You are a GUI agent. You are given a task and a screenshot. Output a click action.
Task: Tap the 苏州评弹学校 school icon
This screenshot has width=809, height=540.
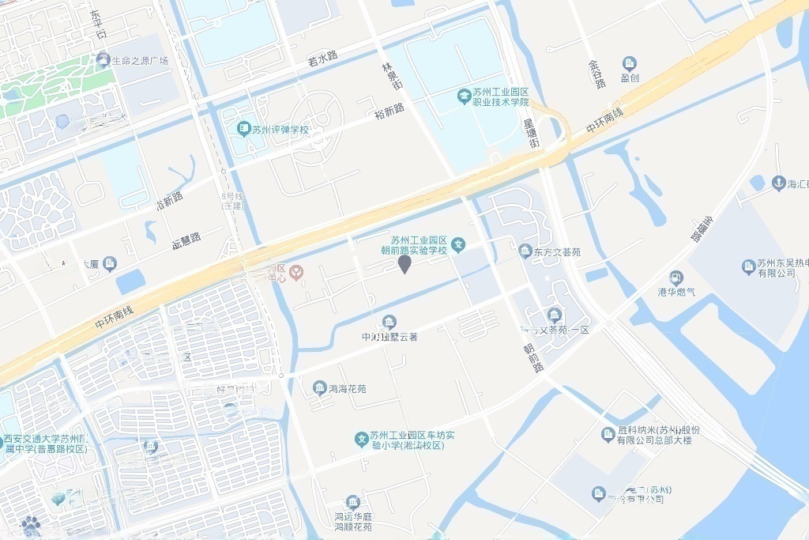pyautogui.click(x=244, y=128)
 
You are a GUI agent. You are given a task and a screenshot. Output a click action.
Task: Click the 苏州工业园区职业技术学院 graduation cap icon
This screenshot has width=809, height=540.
pyautogui.click(x=464, y=96)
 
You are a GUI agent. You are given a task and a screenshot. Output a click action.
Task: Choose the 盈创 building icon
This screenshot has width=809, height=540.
pyautogui.click(x=629, y=64)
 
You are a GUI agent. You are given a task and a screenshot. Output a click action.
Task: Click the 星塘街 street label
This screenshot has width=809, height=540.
pyautogui.click(x=531, y=133)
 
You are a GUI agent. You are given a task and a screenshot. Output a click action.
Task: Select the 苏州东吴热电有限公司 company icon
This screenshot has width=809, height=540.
pyautogui.click(x=748, y=267)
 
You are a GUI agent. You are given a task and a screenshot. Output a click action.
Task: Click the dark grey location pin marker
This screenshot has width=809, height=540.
pyautogui.click(x=404, y=264)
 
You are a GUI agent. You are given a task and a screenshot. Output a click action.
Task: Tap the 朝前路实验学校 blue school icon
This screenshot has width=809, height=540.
pyautogui.click(x=458, y=246)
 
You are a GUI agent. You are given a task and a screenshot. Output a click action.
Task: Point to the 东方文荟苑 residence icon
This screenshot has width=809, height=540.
pyautogui.click(x=525, y=251)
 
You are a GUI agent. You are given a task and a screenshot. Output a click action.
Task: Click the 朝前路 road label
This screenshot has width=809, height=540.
pyautogui.click(x=536, y=357)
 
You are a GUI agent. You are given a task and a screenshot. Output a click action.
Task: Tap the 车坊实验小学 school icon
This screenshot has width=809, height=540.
pyautogui.click(x=361, y=438)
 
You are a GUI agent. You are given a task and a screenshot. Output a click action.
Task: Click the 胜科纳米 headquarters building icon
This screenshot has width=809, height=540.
pyautogui.click(x=608, y=434)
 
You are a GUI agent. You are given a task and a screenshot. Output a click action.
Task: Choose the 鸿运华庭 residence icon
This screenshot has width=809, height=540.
pyautogui.click(x=352, y=503)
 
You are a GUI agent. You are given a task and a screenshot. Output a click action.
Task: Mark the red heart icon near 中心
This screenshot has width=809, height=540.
pyautogui.click(x=296, y=273)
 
